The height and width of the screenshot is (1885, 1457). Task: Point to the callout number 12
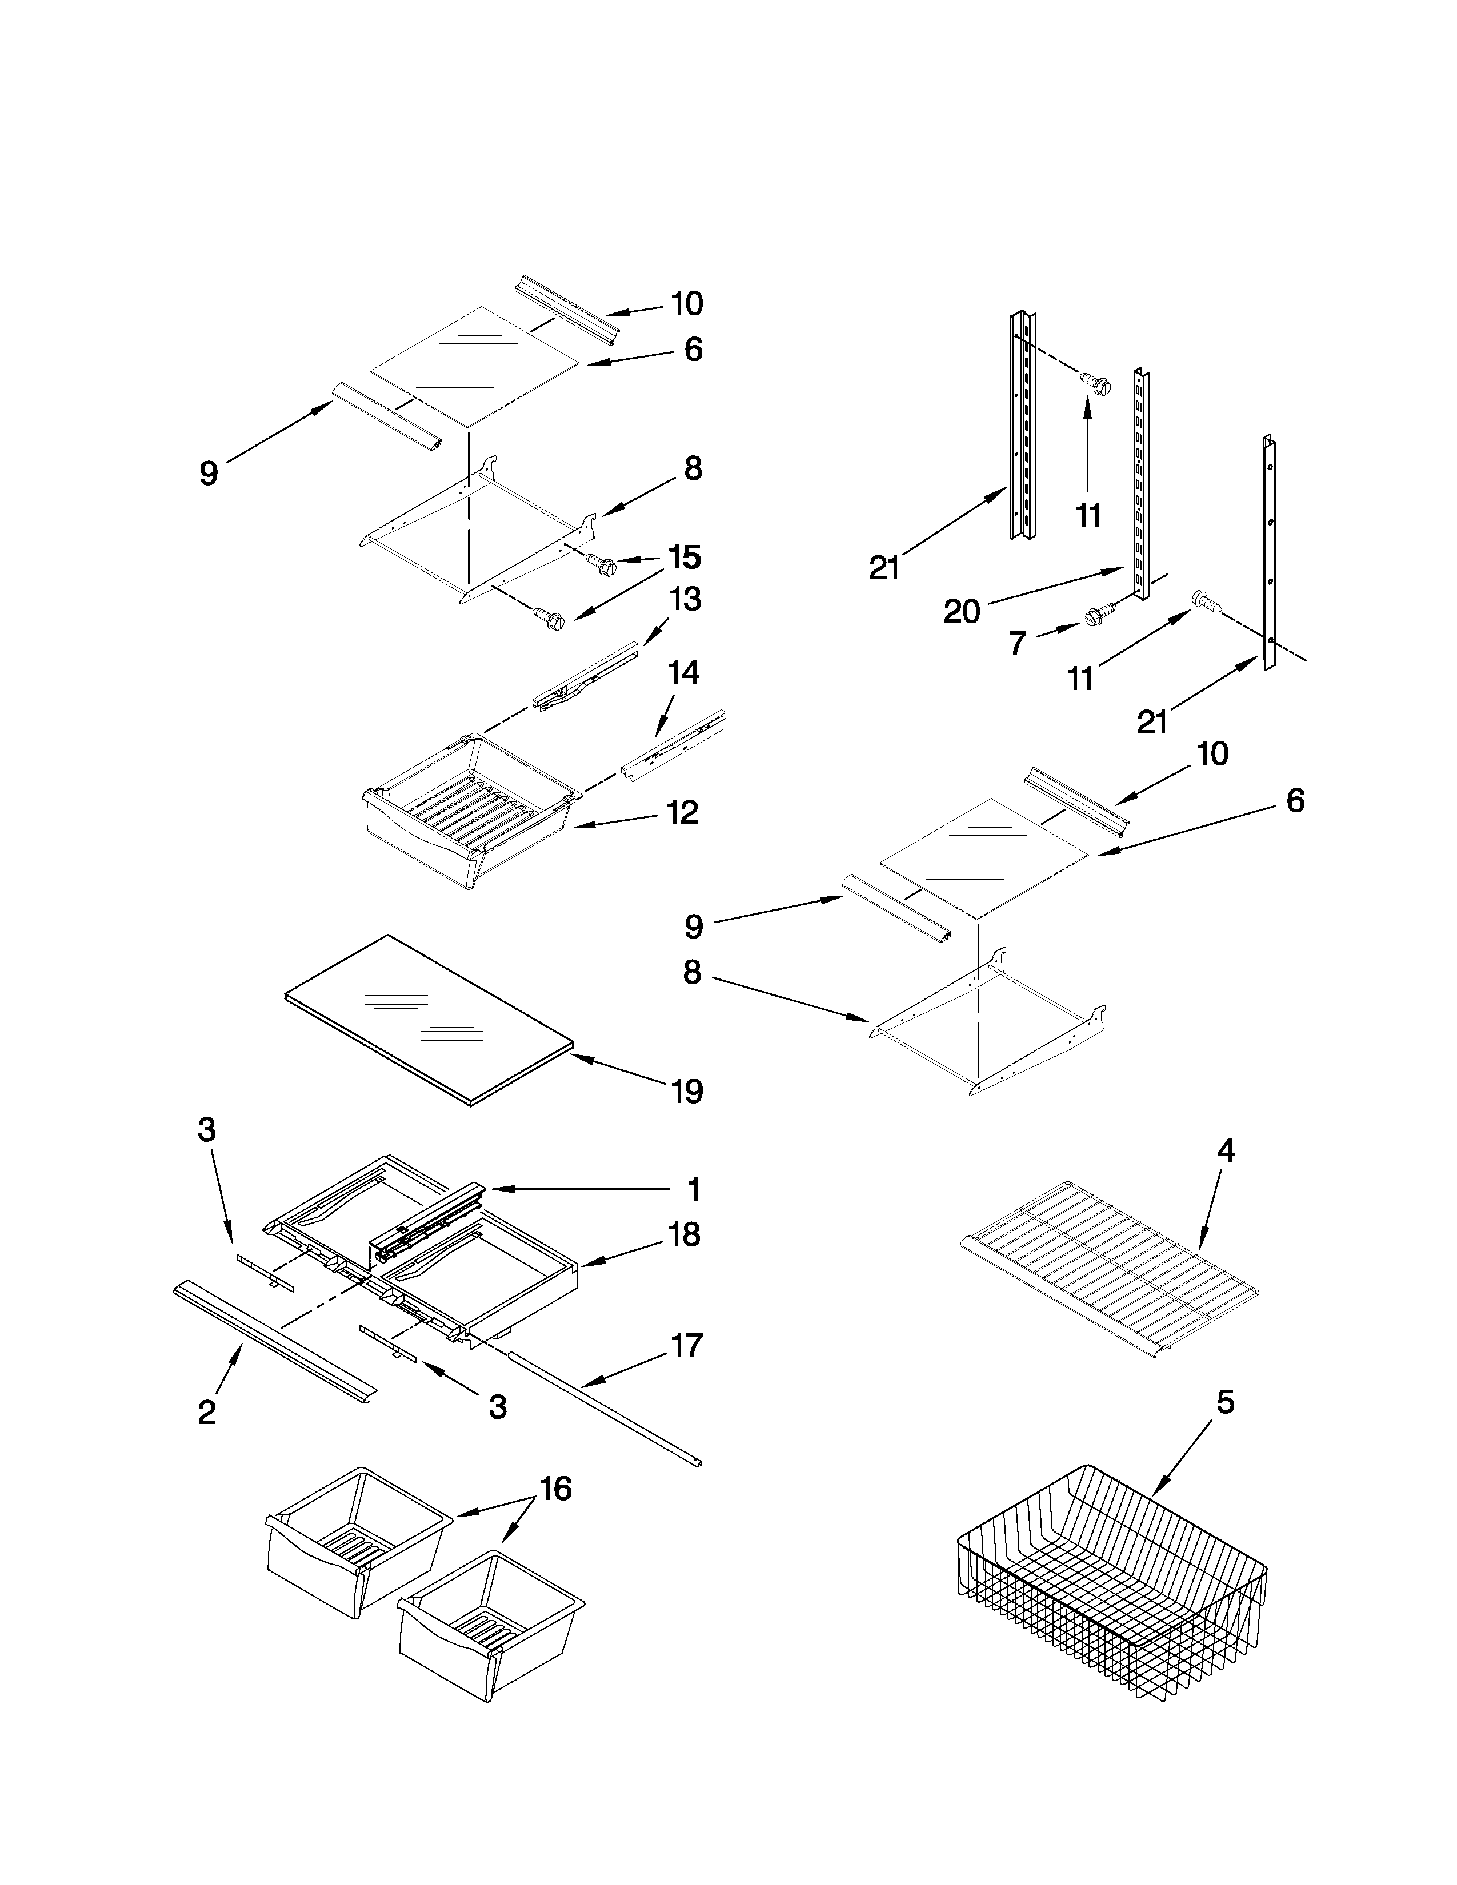(x=682, y=812)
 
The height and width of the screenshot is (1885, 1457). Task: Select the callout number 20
(x=962, y=612)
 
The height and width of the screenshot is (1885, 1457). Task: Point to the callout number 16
(x=555, y=1489)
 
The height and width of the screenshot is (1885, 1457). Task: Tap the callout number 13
(x=685, y=599)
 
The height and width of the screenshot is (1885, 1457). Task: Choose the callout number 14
(x=683, y=672)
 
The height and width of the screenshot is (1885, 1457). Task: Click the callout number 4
(x=1226, y=1150)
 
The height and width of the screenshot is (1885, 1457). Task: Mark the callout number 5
(x=1226, y=1402)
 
